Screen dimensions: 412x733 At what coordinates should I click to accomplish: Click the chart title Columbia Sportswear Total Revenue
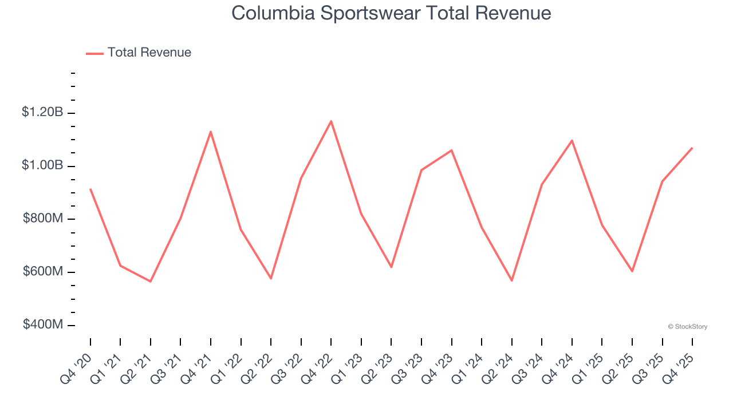pos(391,13)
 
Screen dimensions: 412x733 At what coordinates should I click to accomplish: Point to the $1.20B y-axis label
pos(42,112)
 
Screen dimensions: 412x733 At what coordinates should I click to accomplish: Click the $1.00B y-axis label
pos(42,165)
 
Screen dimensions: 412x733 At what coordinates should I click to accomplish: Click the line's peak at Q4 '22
pos(331,121)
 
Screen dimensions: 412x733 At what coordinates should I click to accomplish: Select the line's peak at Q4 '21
pos(211,132)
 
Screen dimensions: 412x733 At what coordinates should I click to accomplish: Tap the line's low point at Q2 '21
pos(151,282)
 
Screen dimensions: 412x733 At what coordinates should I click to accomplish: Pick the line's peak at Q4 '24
pos(572,140)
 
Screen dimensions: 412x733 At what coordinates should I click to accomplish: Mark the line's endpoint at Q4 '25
pos(692,148)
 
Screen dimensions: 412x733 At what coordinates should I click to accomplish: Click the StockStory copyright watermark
pos(687,327)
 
